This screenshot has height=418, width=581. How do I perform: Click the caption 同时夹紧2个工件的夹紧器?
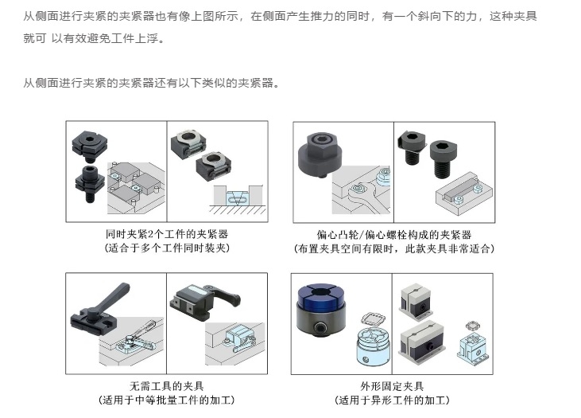pyautogui.click(x=167, y=234)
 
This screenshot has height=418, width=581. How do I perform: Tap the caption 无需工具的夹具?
pyautogui.click(x=167, y=386)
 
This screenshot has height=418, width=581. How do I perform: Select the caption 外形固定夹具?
pyautogui.click(x=392, y=386)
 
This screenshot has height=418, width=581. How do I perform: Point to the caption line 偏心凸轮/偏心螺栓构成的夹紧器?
pyautogui.click(x=394, y=235)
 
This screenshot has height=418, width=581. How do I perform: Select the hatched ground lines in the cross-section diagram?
pyautogui.click(x=238, y=209)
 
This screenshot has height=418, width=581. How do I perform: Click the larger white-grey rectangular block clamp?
pyautogui.click(x=422, y=342)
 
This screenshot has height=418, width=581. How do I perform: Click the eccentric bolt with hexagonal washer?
pyautogui.click(x=411, y=146)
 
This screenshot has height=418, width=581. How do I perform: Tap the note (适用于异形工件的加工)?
pyautogui.click(x=392, y=400)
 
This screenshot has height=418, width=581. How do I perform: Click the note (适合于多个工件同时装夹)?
pyautogui.click(x=167, y=248)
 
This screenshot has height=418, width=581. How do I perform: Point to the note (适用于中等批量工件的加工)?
pyautogui.click(x=167, y=400)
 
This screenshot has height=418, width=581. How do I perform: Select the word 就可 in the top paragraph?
pyautogui.click(x=35, y=38)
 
